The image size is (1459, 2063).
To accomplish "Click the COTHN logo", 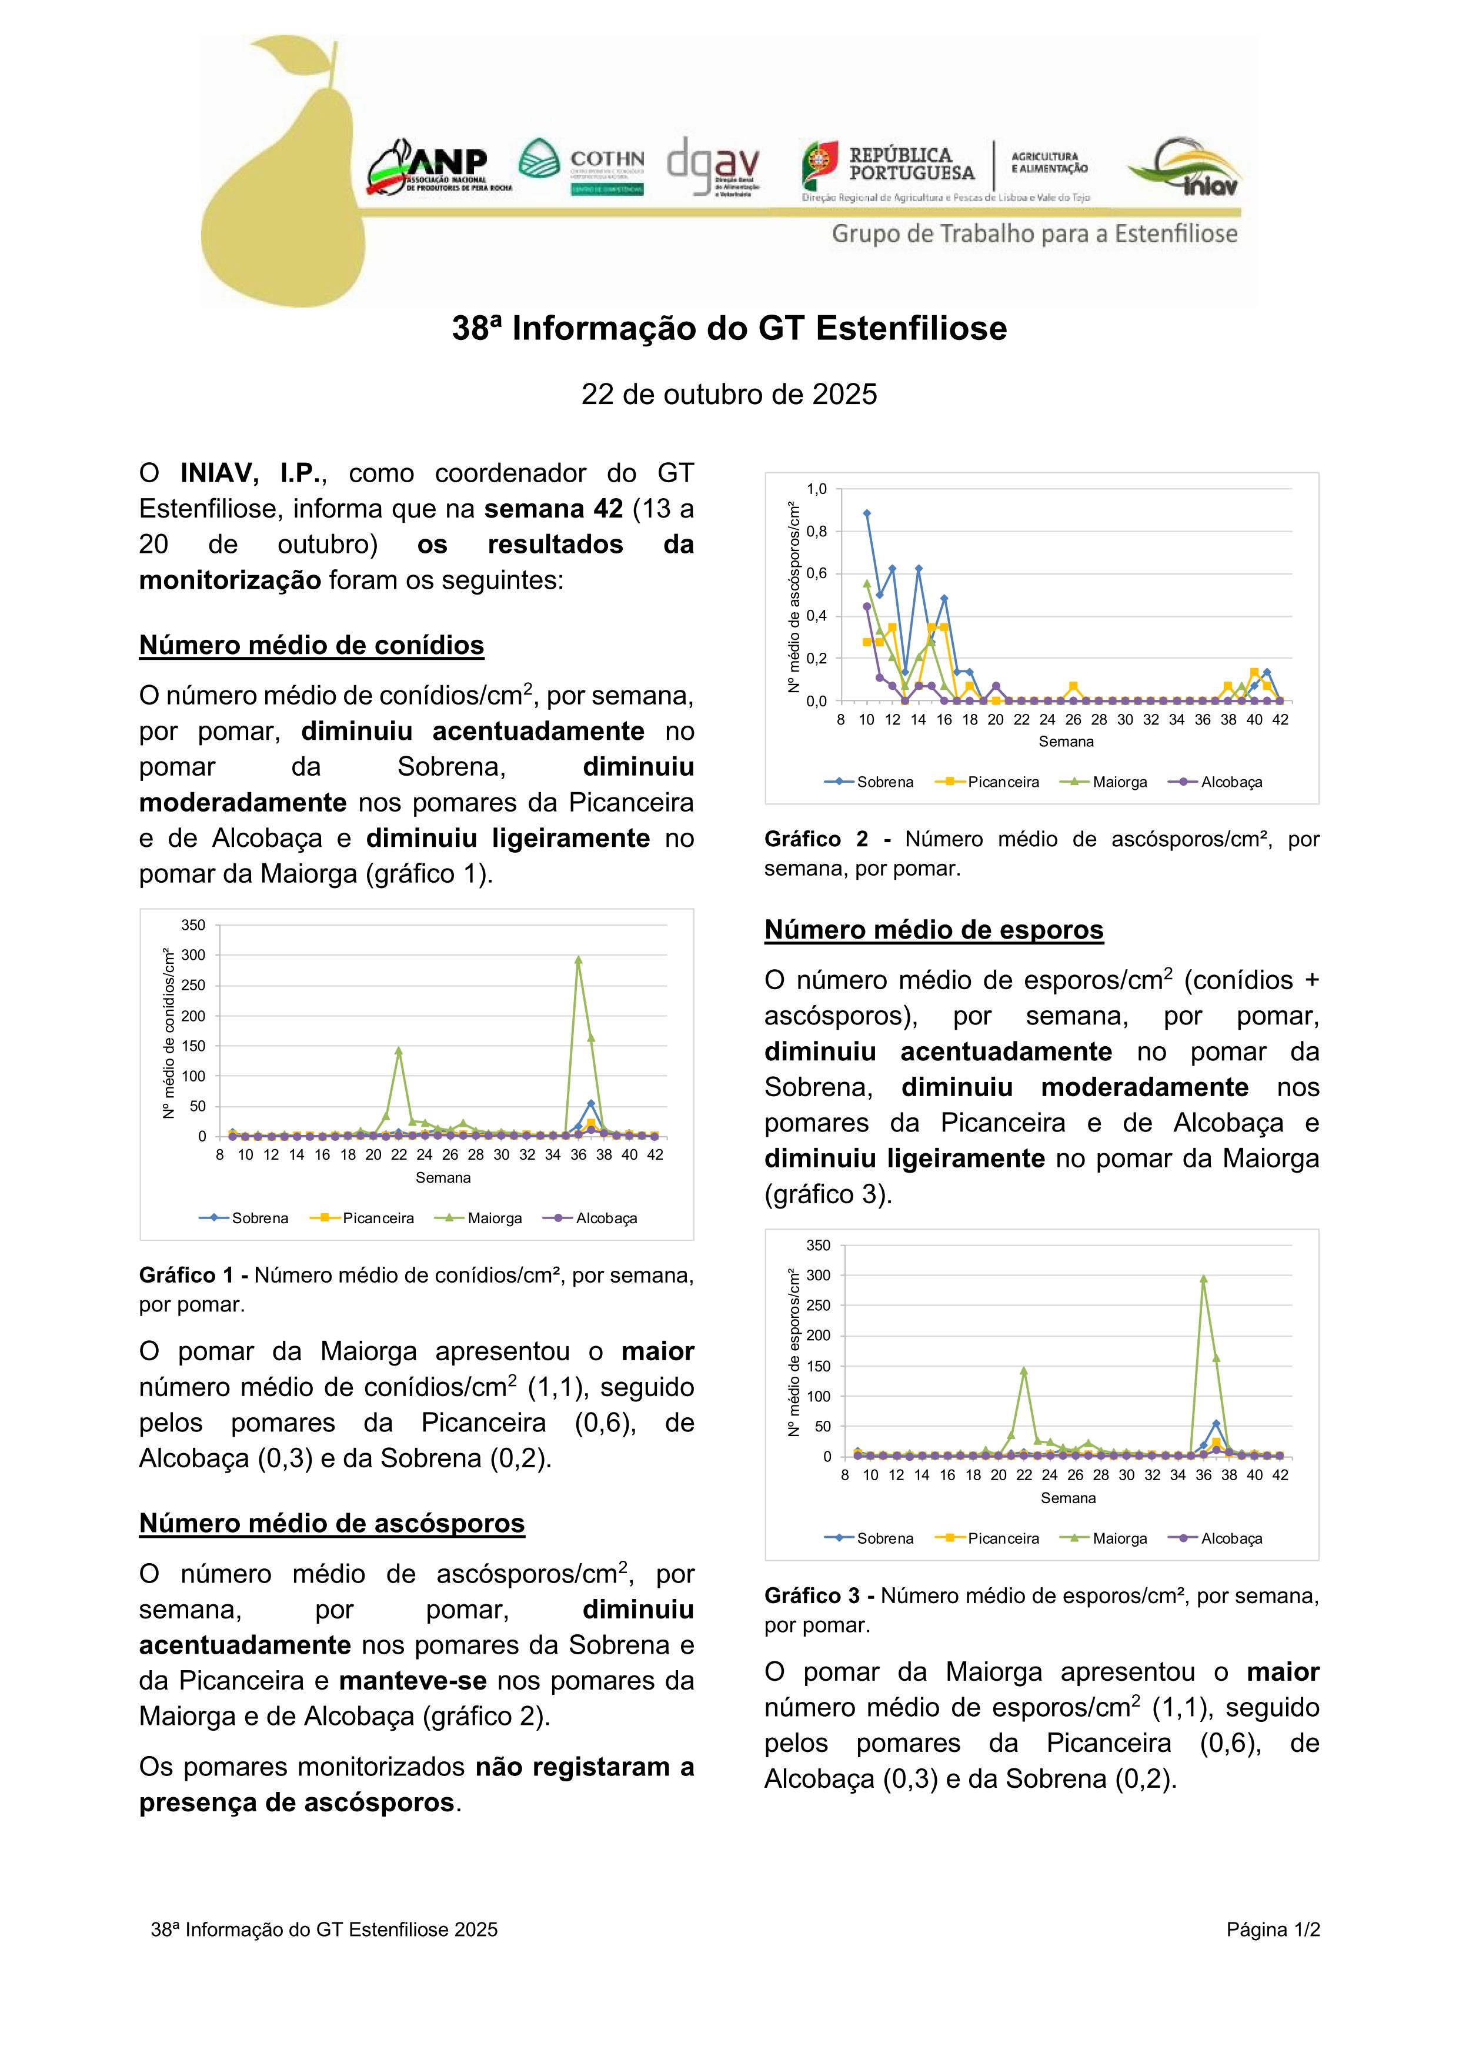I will [x=581, y=167].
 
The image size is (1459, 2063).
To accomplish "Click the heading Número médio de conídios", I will [x=311, y=645].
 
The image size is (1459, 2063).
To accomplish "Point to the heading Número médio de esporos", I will [x=933, y=929].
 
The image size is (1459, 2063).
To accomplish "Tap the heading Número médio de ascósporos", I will [x=332, y=1523].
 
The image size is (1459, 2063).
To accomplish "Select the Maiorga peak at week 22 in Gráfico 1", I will [x=398, y=1050].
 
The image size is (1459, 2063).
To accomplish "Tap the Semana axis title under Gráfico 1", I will [x=443, y=1177].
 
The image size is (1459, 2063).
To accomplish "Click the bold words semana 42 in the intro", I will [x=553, y=509].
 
